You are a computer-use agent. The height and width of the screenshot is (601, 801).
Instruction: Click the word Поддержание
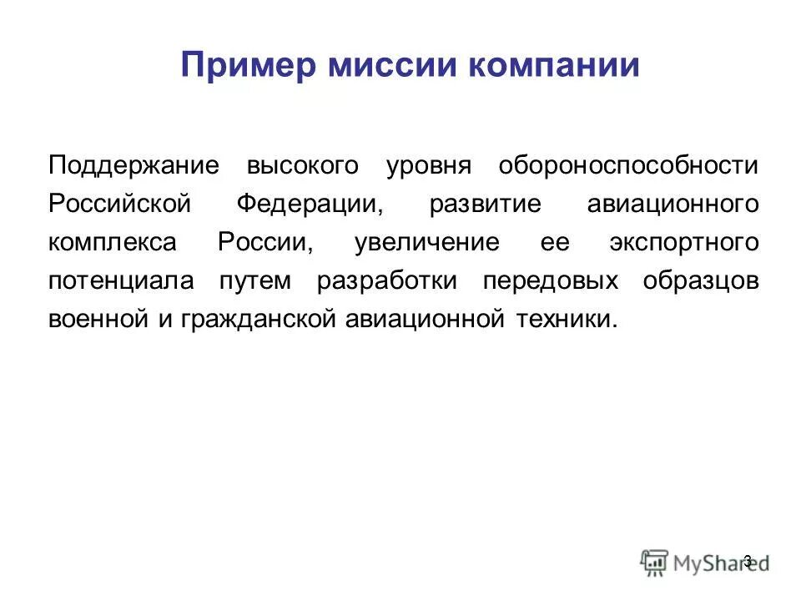point(133,165)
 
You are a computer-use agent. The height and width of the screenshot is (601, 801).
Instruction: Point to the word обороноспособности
point(629,165)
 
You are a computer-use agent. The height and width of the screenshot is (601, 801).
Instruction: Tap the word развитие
point(485,205)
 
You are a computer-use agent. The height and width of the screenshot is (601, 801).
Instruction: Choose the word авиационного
point(673,205)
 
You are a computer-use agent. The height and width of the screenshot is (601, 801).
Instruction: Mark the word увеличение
point(427,243)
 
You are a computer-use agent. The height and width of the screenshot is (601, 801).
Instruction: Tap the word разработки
point(387,281)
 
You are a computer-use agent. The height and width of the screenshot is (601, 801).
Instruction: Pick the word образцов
point(701,281)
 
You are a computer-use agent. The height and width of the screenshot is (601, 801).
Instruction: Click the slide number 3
point(747,560)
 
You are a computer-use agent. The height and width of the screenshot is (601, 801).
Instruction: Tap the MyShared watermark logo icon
point(655,561)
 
